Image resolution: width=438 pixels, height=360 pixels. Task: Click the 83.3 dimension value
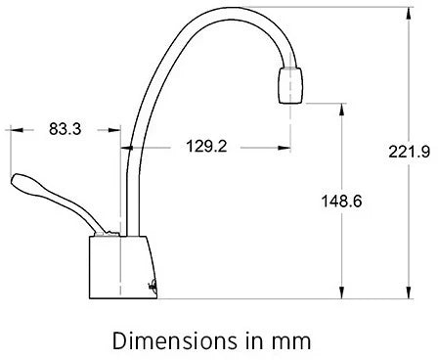pyautogui.click(x=65, y=129)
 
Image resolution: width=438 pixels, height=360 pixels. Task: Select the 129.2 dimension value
pyautogui.click(x=206, y=146)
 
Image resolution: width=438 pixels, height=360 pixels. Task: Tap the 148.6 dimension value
pyautogui.click(x=341, y=201)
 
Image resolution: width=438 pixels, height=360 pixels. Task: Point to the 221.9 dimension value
pyautogui.click(x=409, y=152)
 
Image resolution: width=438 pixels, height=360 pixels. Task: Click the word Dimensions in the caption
pyautogui.click(x=174, y=340)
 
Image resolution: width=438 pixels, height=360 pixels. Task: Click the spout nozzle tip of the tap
pyautogui.click(x=290, y=85)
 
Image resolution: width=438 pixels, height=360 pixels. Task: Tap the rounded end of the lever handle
pyautogui.click(x=20, y=181)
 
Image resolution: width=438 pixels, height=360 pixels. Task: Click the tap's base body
pyautogui.click(x=123, y=267)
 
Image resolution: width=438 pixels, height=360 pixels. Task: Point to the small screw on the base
pyautogui.click(x=153, y=285)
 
